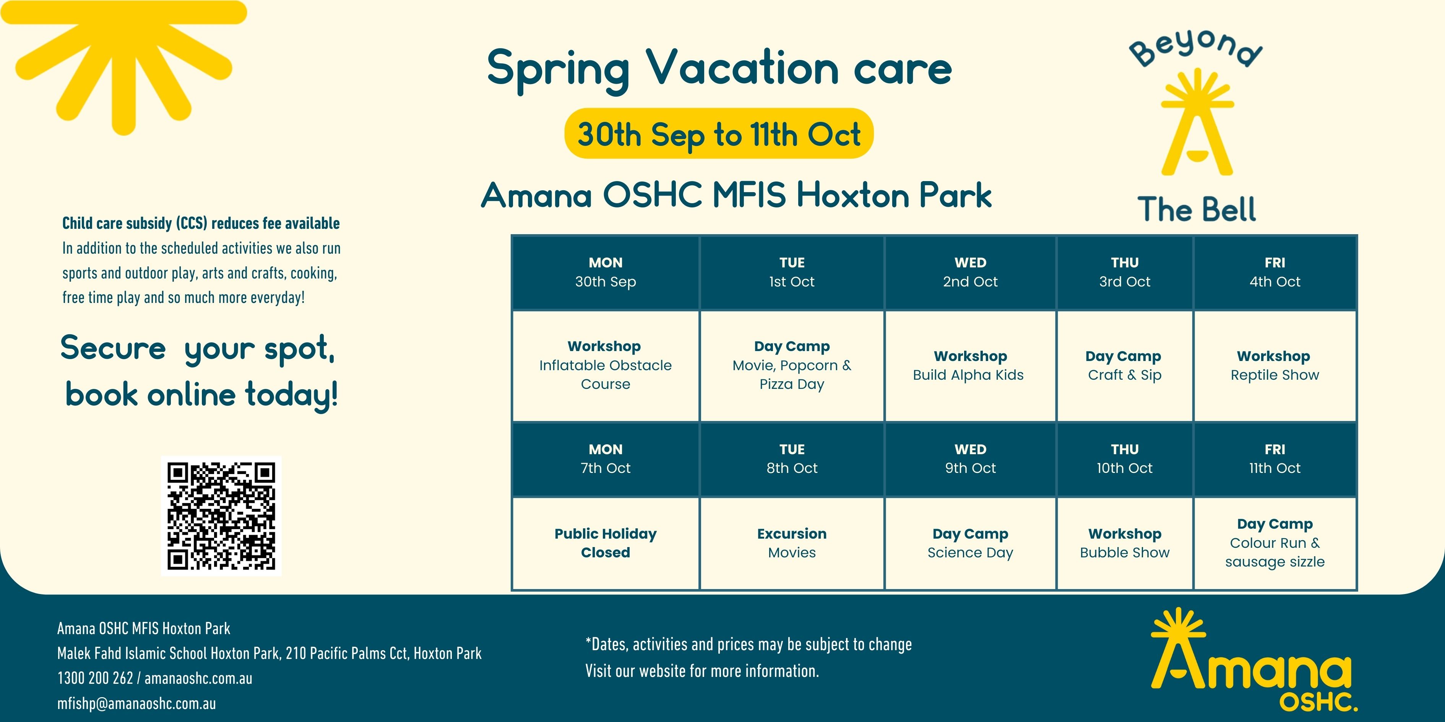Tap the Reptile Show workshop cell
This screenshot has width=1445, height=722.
click(1275, 366)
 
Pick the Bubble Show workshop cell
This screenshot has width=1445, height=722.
click(1125, 543)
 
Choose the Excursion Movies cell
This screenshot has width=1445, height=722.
click(792, 543)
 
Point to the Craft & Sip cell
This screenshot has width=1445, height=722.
click(1125, 366)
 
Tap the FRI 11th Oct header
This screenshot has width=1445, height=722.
click(1275, 459)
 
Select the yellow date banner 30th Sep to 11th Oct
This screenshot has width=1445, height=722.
click(719, 133)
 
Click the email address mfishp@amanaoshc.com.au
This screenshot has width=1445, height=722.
click(136, 704)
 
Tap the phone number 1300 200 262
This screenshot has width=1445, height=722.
click(95, 678)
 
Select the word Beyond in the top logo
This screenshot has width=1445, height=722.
click(1195, 49)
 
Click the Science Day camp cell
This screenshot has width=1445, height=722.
click(971, 543)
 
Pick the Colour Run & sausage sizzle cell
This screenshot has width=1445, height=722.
click(1275, 543)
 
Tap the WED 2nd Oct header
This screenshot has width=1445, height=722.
click(971, 272)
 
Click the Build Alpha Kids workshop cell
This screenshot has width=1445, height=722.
click(971, 366)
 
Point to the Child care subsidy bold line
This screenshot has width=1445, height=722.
click(201, 223)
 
